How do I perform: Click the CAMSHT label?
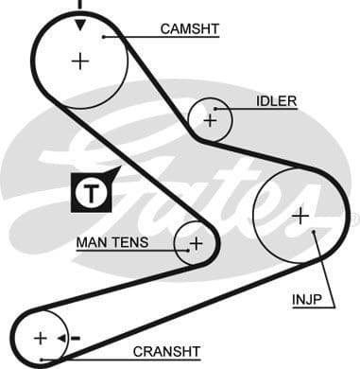coord(189,29)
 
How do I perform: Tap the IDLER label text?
coord(276,101)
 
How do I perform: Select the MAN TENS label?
coord(111,243)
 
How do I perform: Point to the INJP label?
coord(306,302)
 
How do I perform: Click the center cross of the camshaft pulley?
coord(80,61)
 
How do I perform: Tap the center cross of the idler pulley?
coord(210,120)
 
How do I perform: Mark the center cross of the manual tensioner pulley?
coord(196,244)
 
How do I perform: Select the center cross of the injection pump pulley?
coord(300,216)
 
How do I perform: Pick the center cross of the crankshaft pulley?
coord(40,338)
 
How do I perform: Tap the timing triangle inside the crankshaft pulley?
coord(61,338)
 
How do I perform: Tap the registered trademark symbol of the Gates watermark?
coord(354,220)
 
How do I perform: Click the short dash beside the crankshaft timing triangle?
coord(75,338)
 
